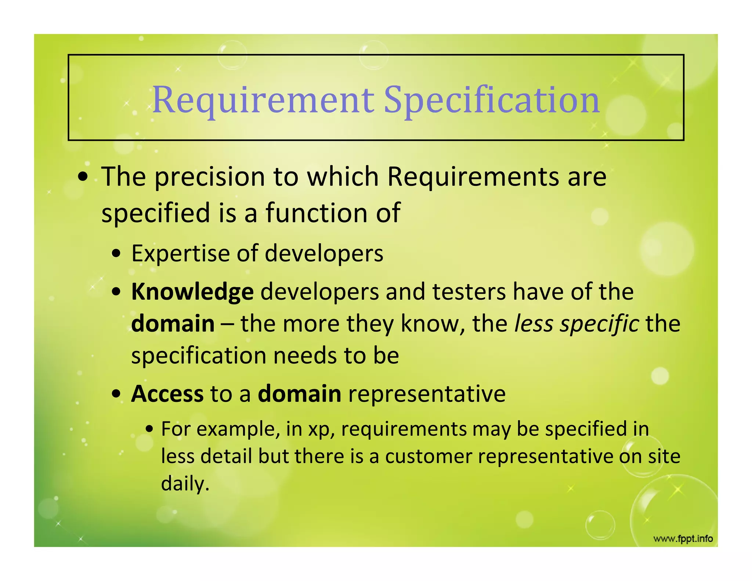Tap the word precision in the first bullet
(209, 177)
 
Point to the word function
(317, 213)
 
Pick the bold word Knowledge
(192, 292)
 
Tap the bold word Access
(167, 394)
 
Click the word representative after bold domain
(427, 394)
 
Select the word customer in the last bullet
(428, 456)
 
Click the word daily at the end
(185, 484)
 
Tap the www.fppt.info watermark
(683, 539)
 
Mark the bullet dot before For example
(149, 429)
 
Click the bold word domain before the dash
(173, 324)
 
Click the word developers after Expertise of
(324, 253)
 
